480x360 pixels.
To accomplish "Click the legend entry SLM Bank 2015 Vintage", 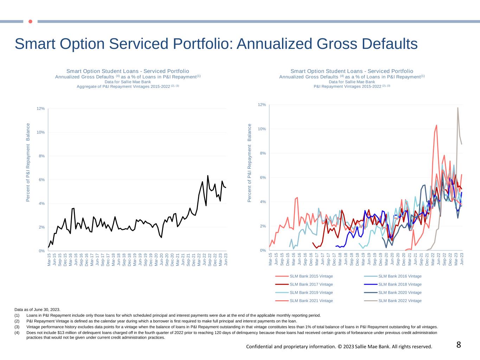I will [311, 276].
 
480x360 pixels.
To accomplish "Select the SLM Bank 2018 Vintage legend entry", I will [400, 284].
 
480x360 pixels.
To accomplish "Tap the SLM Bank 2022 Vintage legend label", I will [400, 301].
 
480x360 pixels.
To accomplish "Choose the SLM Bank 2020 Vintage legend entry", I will [400, 292].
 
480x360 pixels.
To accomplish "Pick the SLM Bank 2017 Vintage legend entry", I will [311, 284].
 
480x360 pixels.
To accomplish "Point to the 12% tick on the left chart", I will [41, 109].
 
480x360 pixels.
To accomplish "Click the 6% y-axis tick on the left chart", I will [41, 180].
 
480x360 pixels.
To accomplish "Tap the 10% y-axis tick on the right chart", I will [262, 129].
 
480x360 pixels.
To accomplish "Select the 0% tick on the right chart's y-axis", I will [263, 250].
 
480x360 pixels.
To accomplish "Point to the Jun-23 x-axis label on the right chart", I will [462, 258].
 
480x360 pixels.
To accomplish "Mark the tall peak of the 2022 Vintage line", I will [457, 108].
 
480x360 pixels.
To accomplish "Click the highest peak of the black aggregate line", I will [208, 175].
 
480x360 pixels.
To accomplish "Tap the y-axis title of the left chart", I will [28, 162].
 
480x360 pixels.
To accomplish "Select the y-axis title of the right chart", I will [250, 163].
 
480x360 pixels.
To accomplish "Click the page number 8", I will [459, 345].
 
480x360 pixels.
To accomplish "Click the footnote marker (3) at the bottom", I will [17, 327].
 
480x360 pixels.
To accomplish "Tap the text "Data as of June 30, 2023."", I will [37, 310].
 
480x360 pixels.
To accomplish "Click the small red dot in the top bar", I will [30, 21].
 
